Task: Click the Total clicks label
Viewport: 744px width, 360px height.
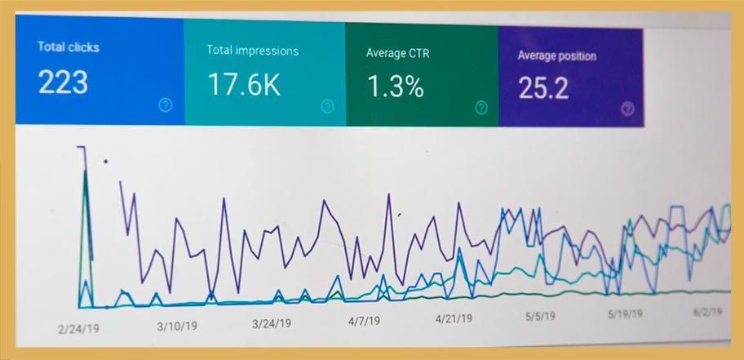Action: coord(69,47)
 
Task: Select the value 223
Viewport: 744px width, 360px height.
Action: coord(63,82)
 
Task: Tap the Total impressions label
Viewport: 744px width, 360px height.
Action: coord(252,51)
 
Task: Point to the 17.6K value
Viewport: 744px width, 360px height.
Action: coord(244,85)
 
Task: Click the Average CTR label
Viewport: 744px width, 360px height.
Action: coord(397,53)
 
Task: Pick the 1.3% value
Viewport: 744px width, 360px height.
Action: coord(395,87)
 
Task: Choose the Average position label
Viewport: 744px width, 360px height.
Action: coord(556,56)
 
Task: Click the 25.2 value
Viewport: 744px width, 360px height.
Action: coord(543,88)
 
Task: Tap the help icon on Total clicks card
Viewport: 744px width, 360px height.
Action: coord(165,105)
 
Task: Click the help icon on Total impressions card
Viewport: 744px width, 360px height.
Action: coord(327,106)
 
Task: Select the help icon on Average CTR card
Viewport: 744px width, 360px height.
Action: coord(481,107)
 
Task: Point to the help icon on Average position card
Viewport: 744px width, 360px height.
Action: coord(628,109)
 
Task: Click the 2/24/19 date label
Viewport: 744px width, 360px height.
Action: coord(79,329)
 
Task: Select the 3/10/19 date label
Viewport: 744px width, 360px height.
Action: coord(177,326)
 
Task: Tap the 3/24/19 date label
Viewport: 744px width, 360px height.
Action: coord(272,324)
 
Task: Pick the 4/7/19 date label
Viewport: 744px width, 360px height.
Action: coord(364,321)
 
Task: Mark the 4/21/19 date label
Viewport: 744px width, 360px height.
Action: coord(454,318)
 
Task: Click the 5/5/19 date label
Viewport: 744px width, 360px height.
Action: coord(540,316)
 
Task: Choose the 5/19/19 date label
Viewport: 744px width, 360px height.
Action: coord(626,314)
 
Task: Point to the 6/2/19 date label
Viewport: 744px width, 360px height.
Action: coord(707,312)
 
